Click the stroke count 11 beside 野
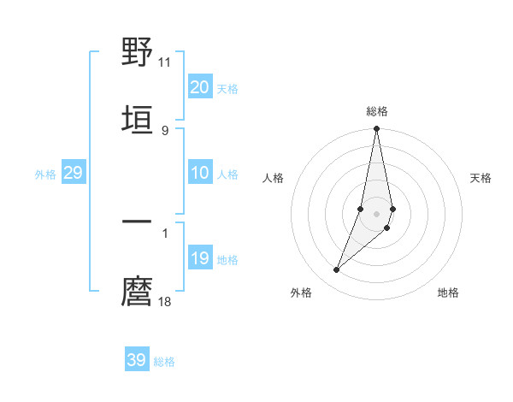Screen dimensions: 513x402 (x=165, y=62)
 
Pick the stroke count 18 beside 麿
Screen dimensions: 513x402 (x=165, y=301)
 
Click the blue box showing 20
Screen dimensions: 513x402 (x=200, y=87)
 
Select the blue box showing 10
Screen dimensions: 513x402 (x=200, y=173)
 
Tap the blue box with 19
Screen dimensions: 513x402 (x=200, y=258)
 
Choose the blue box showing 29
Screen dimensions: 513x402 (x=73, y=173)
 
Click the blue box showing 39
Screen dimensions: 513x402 (x=137, y=360)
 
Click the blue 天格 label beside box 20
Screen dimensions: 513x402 (x=227, y=89)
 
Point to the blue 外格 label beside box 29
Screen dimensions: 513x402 (x=45, y=174)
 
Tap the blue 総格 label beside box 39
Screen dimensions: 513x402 (x=164, y=362)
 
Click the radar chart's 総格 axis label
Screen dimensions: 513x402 (x=377, y=111)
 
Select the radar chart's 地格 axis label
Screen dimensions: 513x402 (x=448, y=293)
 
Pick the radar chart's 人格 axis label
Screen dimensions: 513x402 (x=273, y=178)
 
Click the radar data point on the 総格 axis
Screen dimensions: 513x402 (x=376, y=129)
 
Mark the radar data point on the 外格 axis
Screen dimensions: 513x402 (x=337, y=270)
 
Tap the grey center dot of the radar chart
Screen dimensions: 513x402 (x=376, y=214)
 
